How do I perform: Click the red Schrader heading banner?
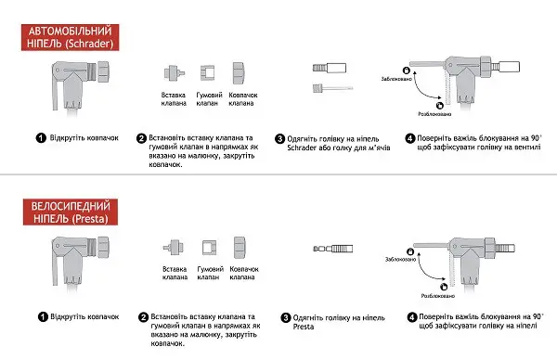click(x=70, y=37)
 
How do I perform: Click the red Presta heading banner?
click(x=71, y=212)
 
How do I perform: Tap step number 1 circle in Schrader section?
click(x=41, y=137)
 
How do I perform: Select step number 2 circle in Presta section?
click(x=143, y=317)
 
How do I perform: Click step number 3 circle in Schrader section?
click(x=280, y=139)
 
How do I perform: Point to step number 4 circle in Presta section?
click(x=411, y=317)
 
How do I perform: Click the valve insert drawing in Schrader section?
click(x=175, y=72)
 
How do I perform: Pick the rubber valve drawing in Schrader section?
click(x=207, y=72)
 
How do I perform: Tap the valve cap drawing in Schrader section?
click(x=238, y=73)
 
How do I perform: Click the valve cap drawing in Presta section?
click(x=240, y=248)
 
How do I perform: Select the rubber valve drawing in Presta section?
click(x=209, y=248)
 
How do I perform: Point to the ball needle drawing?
click(x=332, y=88)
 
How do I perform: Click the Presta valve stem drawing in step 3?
click(x=333, y=249)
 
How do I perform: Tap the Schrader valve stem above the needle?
click(x=330, y=68)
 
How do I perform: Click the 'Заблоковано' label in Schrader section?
click(x=396, y=79)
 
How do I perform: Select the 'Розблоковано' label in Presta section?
click(x=437, y=296)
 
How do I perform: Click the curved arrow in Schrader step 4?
click(x=421, y=91)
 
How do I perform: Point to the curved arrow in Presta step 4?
click(x=424, y=273)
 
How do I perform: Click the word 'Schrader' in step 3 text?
click(x=302, y=148)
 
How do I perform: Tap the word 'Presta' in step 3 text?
click(x=304, y=327)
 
